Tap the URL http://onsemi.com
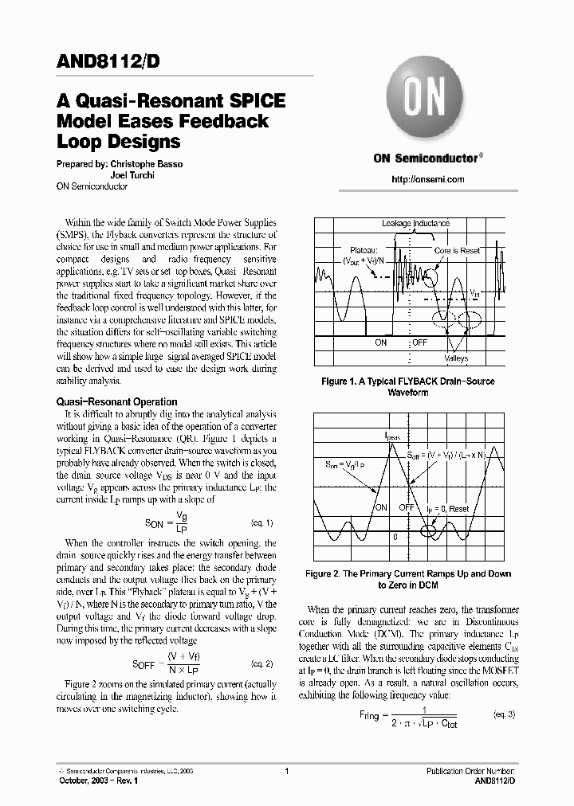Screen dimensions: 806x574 coord(427,179)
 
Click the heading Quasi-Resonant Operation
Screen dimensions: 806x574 coord(116,402)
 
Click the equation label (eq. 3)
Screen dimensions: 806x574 coord(505,714)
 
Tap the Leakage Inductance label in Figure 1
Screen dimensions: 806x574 coord(415,224)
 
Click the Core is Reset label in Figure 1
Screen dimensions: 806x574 coord(457,250)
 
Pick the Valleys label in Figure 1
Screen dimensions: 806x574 coord(457,359)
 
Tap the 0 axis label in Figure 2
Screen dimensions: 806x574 coord(395,538)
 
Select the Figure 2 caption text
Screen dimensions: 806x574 coord(408,579)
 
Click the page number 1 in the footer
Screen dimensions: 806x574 coord(286,771)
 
